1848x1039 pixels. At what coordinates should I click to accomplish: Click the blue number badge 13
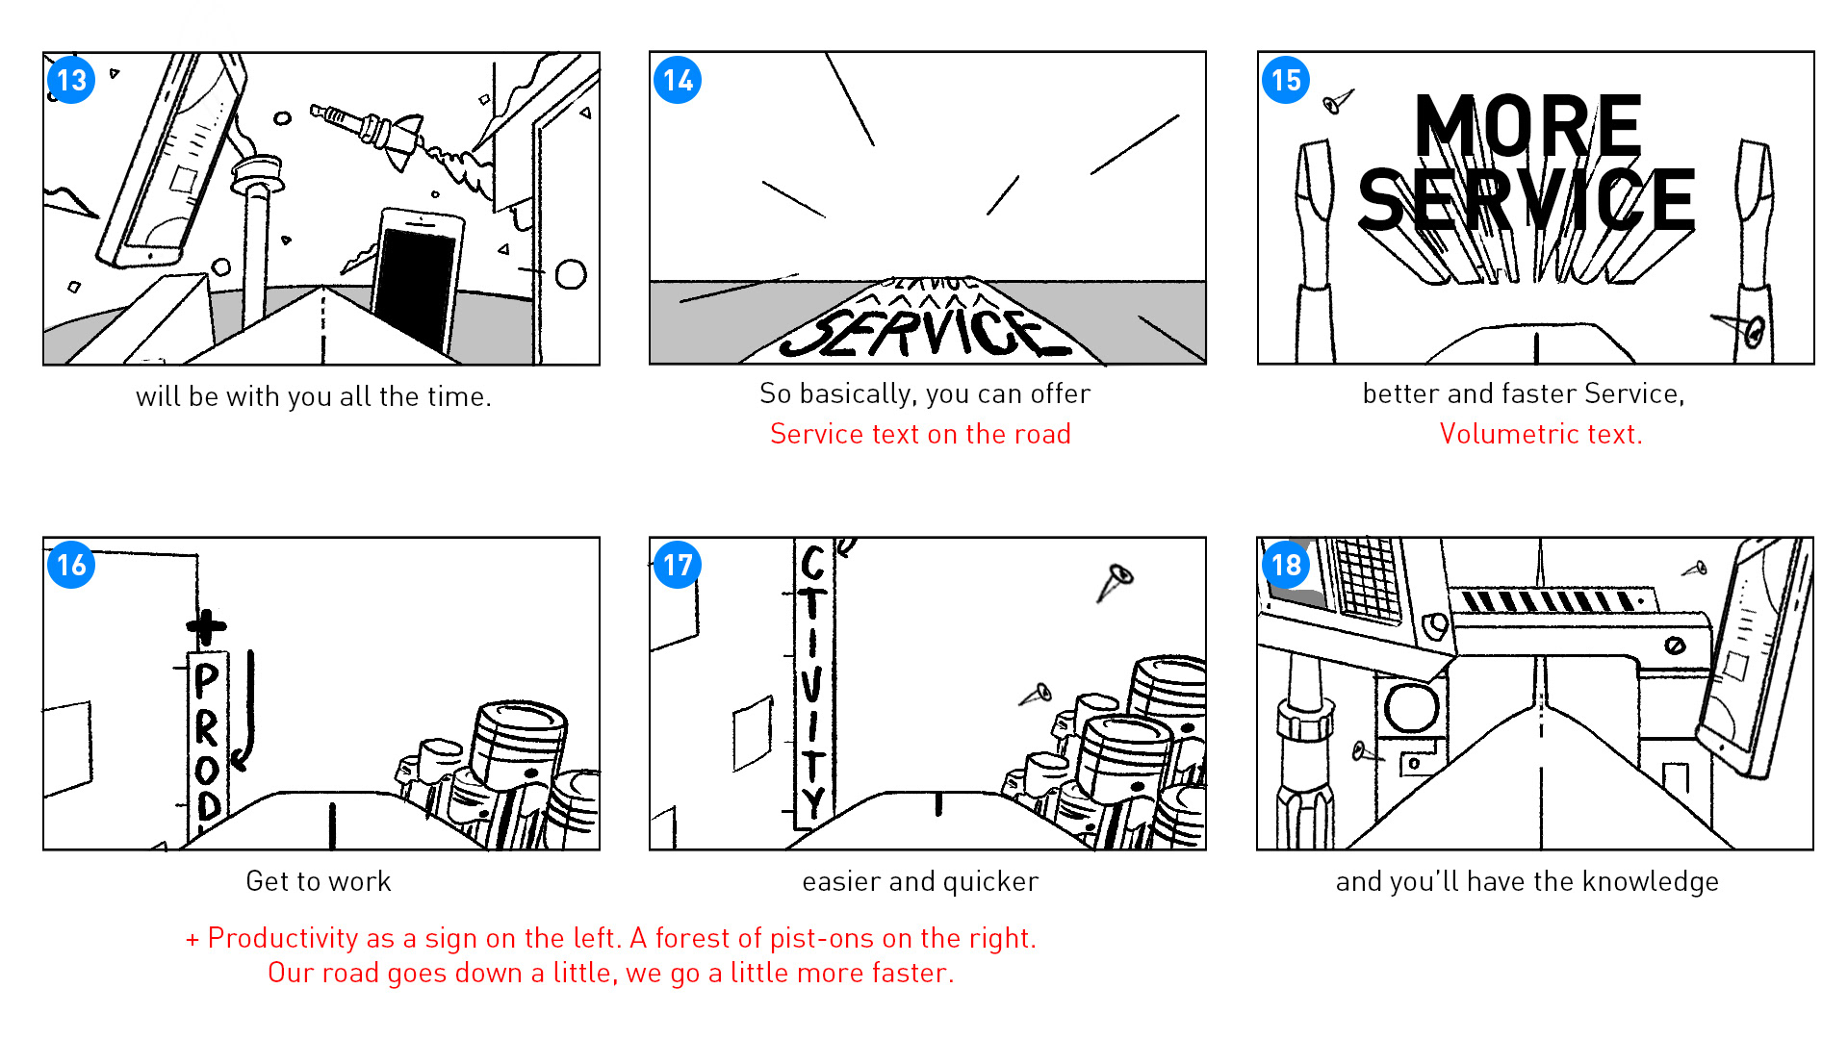click(x=71, y=80)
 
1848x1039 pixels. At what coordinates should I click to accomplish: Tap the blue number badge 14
click(x=678, y=80)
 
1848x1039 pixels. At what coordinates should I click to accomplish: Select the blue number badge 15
click(x=1286, y=80)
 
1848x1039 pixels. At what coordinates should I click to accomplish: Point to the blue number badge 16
click(x=71, y=565)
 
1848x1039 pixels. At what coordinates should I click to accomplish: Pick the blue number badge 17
click(x=678, y=565)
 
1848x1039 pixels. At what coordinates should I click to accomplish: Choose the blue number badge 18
click(x=1286, y=565)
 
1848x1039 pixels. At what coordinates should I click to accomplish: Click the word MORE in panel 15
click(x=1527, y=125)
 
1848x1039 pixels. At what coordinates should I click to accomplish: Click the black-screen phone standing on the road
click(x=415, y=279)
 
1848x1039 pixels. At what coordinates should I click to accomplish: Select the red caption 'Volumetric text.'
click(x=1541, y=434)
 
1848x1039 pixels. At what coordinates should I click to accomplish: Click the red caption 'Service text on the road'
click(x=920, y=434)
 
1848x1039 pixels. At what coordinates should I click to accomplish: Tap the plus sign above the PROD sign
click(x=206, y=627)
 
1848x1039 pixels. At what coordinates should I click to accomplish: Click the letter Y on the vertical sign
click(x=813, y=801)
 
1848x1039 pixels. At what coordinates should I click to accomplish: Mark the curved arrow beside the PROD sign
click(x=244, y=712)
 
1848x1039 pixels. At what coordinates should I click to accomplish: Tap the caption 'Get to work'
click(x=319, y=881)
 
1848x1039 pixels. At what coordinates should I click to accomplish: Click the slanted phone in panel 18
click(x=1752, y=658)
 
